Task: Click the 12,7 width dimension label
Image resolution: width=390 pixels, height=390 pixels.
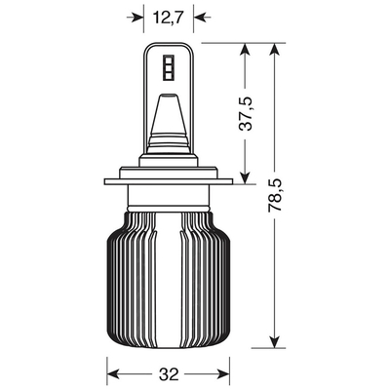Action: [x=169, y=18]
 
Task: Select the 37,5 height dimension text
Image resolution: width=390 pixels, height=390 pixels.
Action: [x=246, y=114]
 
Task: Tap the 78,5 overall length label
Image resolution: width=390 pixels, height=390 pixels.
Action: [x=275, y=195]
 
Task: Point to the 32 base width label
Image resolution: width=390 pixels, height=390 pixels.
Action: [x=169, y=374]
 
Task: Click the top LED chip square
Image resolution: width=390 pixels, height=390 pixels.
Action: [x=169, y=59]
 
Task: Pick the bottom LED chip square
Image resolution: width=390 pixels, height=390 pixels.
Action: [x=169, y=76]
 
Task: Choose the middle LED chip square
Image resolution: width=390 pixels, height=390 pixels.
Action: [x=169, y=68]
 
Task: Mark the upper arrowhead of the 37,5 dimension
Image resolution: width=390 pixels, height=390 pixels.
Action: [x=245, y=52]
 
